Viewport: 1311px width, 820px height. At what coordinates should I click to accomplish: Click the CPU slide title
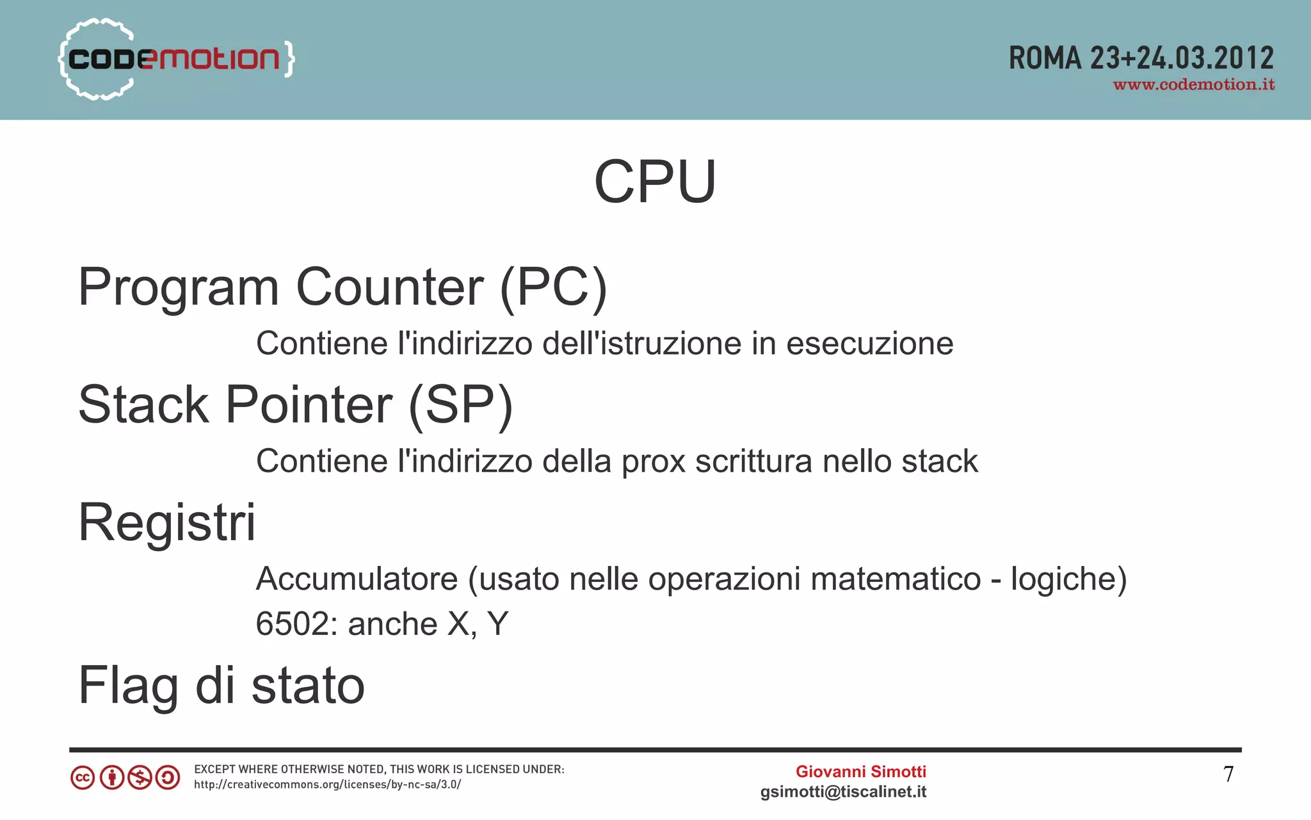[655, 182]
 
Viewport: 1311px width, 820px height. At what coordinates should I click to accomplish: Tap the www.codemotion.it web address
[1193, 85]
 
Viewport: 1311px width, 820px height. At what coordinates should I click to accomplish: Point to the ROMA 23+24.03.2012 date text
[1141, 58]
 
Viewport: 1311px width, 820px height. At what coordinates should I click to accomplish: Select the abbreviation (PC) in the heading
[553, 287]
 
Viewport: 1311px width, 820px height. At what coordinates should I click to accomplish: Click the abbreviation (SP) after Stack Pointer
[460, 405]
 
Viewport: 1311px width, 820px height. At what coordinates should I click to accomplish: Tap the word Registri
[166, 522]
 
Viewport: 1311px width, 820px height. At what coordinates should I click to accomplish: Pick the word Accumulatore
[357, 579]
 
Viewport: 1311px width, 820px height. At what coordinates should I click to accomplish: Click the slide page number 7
[1228, 775]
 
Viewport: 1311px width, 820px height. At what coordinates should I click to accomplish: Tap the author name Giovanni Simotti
[860, 772]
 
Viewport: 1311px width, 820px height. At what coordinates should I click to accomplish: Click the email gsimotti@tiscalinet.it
[843, 792]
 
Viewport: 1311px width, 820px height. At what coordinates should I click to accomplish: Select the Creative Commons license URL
[327, 785]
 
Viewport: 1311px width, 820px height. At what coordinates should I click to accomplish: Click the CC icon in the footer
[83, 778]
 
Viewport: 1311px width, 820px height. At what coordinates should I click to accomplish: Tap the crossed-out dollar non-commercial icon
[140, 778]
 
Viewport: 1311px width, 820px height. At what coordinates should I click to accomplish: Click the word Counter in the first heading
[389, 287]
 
